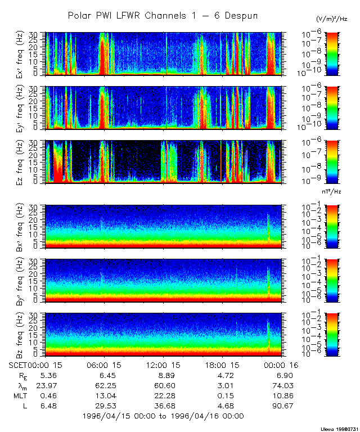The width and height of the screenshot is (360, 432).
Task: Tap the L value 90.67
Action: (x=282, y=406)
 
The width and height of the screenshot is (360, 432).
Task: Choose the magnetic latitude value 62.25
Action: (x=104, y=386)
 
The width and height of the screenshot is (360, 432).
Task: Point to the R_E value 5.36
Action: (x=42, y=376)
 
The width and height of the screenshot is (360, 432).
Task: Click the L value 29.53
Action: (x=104, y=406)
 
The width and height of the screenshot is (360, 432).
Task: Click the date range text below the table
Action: (x=163, y=416)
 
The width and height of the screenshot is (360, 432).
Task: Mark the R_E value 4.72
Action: (x=223, y=376)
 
